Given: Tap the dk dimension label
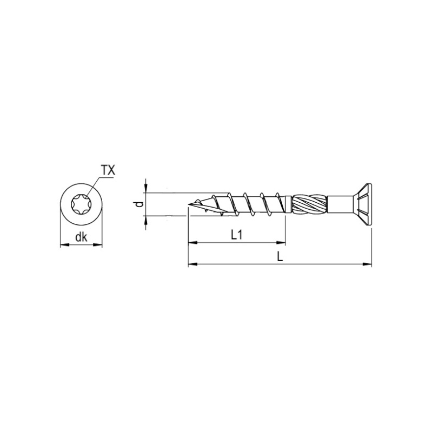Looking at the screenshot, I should pyautogui.click(x=81, y=236).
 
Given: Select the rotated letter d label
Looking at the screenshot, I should pyautogui.click(x=139, y=204).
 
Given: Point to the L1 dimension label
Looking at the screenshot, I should pyautogui.click(x=236, y=235).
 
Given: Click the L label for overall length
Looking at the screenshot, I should pyautogui.click(x=280, y=257).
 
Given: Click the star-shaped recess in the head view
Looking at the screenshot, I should pyautogui.click(x=81, y=205).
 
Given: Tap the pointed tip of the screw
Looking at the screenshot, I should pyautogui.click(x=191, y=204).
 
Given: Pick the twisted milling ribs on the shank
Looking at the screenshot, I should pyautogui.click(x=309, y=204).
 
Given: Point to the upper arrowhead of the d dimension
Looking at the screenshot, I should pyautogui.click(x=145, y=190).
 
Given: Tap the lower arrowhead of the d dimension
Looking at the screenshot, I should pyautogui.click(x=145, y=220).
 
